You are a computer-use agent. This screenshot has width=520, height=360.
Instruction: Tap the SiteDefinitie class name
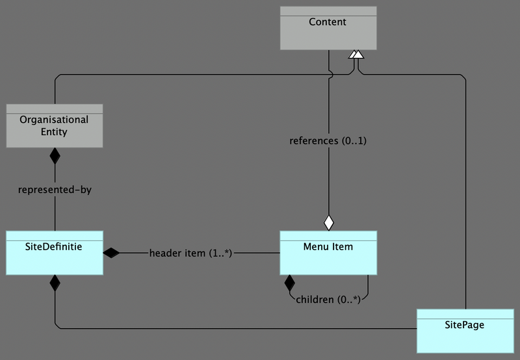[55, 247]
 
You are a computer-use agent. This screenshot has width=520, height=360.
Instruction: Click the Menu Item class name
[328, 247]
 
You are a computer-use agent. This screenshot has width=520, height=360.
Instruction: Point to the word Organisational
[54, 120]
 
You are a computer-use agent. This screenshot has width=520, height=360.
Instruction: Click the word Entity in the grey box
[54, 132]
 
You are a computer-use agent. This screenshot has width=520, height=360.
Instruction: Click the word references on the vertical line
[313, 141]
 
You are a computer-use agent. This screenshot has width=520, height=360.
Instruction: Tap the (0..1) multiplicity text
[354, 141]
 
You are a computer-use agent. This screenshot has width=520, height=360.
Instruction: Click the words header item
[177, 253]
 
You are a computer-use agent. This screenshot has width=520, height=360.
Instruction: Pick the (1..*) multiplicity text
[220, 253]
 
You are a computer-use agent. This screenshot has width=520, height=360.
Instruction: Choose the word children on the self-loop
[317, 300]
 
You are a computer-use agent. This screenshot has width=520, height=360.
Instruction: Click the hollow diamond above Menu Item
[329, 222]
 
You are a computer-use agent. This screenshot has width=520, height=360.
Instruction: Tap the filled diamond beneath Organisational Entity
[55, 156]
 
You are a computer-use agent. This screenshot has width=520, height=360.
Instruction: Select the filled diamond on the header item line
[112, 253]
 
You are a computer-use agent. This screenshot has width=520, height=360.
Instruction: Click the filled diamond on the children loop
[289, 283]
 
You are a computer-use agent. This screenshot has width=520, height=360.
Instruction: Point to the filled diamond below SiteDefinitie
[55, 283]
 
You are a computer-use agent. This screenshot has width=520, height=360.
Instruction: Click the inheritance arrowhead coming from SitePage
[358, 55]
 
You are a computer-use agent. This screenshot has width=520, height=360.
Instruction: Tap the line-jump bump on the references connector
[331, 74]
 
